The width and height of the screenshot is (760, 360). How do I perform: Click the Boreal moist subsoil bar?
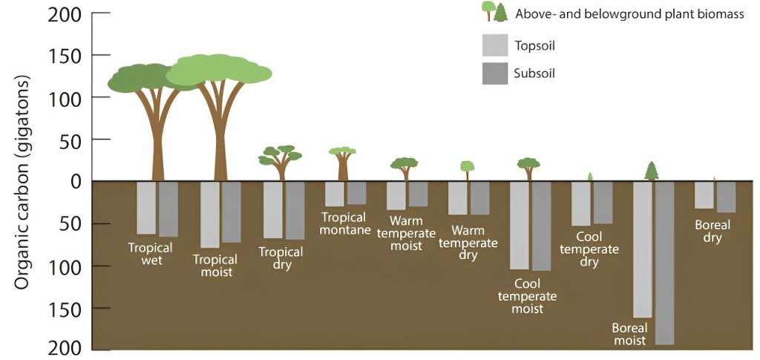[664, 263]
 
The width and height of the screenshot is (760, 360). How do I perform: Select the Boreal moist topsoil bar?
[642, 249]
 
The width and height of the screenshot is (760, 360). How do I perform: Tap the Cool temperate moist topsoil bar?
[519, 225]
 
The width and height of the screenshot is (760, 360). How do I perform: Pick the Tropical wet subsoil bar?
[168, 209]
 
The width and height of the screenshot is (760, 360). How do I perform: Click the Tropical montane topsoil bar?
[334, 194]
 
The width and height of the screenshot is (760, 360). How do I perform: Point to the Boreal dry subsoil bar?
[726, 197]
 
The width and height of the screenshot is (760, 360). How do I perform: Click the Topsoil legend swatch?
[494, 45]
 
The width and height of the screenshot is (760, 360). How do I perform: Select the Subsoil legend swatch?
[494, 73]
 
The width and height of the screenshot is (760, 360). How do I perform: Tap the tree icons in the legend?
[494, 12]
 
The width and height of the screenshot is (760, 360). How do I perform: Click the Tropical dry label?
[281, 258]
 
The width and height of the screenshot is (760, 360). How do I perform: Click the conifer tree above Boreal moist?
[652, 171]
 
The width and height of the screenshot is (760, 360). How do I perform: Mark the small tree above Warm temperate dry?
[467, 169]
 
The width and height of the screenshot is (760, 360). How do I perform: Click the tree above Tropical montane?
[343, 163]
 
